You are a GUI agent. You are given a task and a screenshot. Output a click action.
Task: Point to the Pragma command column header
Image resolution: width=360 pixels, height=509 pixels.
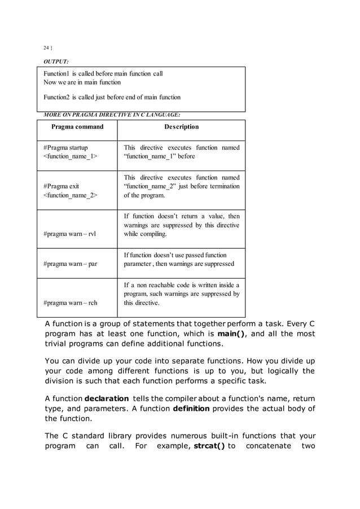tap(77, 127)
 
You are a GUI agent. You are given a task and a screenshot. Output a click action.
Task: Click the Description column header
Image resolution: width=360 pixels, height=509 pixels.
tap(181, 127)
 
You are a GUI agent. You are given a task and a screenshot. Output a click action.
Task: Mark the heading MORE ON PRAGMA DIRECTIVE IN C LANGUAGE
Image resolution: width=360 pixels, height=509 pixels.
tap(108, 116)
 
